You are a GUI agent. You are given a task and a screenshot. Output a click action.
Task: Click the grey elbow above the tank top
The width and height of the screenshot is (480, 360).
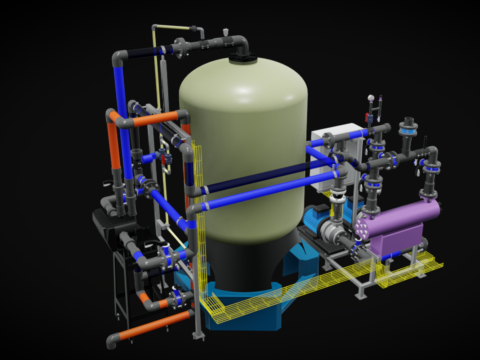[x=240, y=44]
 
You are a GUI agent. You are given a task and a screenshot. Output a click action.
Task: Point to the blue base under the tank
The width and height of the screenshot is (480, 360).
[x=250, y=305]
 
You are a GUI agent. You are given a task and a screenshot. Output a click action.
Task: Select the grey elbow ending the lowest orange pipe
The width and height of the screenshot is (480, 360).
[x=117, y=336]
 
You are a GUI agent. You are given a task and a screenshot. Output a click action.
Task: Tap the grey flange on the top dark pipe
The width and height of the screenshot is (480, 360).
[x=179, y=44]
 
